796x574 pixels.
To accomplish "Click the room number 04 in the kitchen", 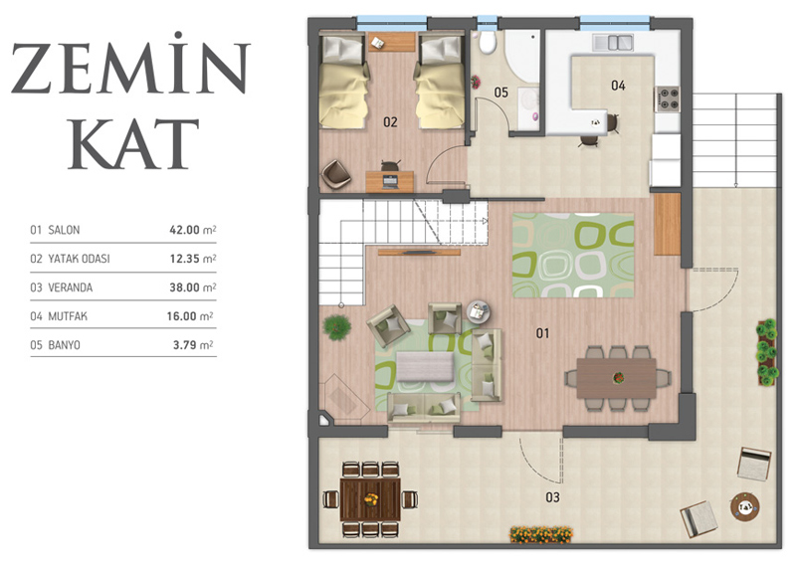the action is click(x=618, y=86).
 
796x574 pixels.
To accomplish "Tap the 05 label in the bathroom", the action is click(x=501, y=93).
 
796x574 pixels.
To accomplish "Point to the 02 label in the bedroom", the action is click(x=390, y=121).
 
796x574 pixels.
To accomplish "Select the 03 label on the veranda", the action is click(x=553, y=497).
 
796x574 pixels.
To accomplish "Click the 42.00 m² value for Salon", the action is click(x=193, y=230).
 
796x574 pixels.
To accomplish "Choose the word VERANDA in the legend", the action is click(x=70, y=287).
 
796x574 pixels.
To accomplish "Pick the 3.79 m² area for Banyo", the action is click(x=193, y=345).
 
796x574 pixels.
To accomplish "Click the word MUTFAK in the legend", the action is click(x=68, y=316).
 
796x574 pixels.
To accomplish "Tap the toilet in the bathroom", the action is click(x=487, y=43).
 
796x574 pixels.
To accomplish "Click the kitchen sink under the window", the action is click(x=613, y=43).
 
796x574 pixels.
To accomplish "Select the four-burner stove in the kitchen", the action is click(x=667, y=98).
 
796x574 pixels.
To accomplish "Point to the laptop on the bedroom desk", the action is click(x=390, y=181).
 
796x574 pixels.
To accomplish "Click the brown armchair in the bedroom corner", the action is click(x=335, y=174).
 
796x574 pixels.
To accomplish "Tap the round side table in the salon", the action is click(x=479, y=310).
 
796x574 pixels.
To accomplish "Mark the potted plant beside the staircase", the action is click(x=336, y=327).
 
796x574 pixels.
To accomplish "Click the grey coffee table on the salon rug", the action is click(x=425, y=366).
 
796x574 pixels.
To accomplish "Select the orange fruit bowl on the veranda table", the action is click(x=371, y=498).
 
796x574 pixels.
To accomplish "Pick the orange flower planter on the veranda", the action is click(x=541, y=534).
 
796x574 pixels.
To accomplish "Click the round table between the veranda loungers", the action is click(x=744, y=506).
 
